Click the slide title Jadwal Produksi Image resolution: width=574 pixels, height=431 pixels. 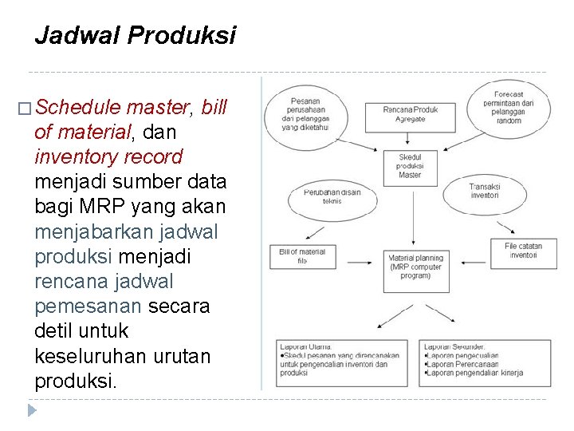point(135,36)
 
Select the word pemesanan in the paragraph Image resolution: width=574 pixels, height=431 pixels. point(88,306)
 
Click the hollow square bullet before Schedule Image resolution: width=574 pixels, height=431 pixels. point(23,108)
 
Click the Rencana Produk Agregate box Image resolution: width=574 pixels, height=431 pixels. point(410,114)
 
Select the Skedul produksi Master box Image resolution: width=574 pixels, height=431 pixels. point(410,166)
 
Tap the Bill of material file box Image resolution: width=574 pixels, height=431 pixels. point(302,256)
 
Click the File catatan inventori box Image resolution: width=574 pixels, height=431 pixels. point(523,251)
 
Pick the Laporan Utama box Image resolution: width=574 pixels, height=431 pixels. point(342,363)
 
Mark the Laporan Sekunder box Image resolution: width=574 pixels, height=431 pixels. point(484,363)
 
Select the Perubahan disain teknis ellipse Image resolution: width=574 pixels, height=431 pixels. point(332,196)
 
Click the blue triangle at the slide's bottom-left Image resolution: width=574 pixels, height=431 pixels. point(31,411)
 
